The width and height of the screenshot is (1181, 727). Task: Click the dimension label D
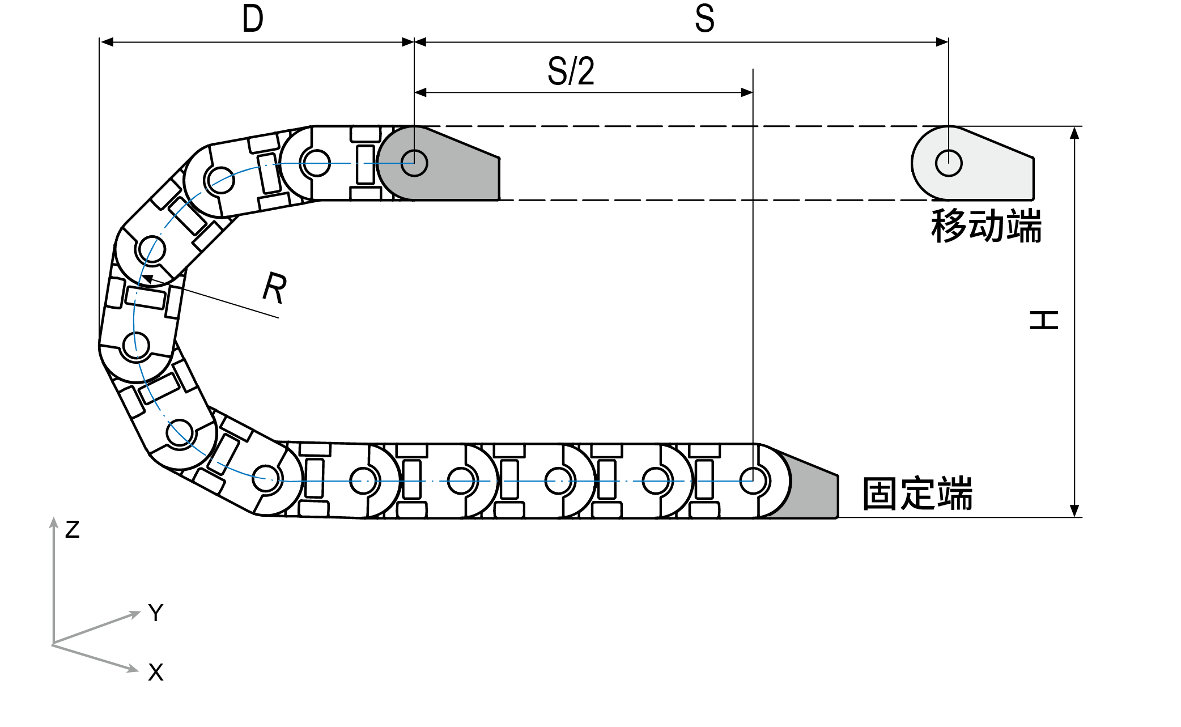[253, 19]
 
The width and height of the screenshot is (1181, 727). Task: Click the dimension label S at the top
[704, 18]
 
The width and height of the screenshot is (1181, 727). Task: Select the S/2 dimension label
[571, 71]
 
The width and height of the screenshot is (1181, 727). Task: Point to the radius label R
[275, 288]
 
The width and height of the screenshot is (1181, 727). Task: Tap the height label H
[1043, 320]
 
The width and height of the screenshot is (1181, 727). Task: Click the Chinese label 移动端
[985, 226]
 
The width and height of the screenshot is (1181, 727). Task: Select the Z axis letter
[72, 530]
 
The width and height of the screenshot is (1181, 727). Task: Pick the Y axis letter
[156, 613]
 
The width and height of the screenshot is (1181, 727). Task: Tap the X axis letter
[156, 672]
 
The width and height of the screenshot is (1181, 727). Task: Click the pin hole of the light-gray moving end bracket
[949, 163]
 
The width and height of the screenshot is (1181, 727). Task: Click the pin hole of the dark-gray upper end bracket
[414, 163]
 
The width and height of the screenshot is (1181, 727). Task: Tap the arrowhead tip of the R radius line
[142, 277]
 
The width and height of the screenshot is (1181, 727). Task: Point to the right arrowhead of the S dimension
[945, 42]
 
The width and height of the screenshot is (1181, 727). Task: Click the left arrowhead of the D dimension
[103, 42]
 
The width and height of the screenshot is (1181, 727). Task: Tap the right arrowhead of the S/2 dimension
[749, 92]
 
